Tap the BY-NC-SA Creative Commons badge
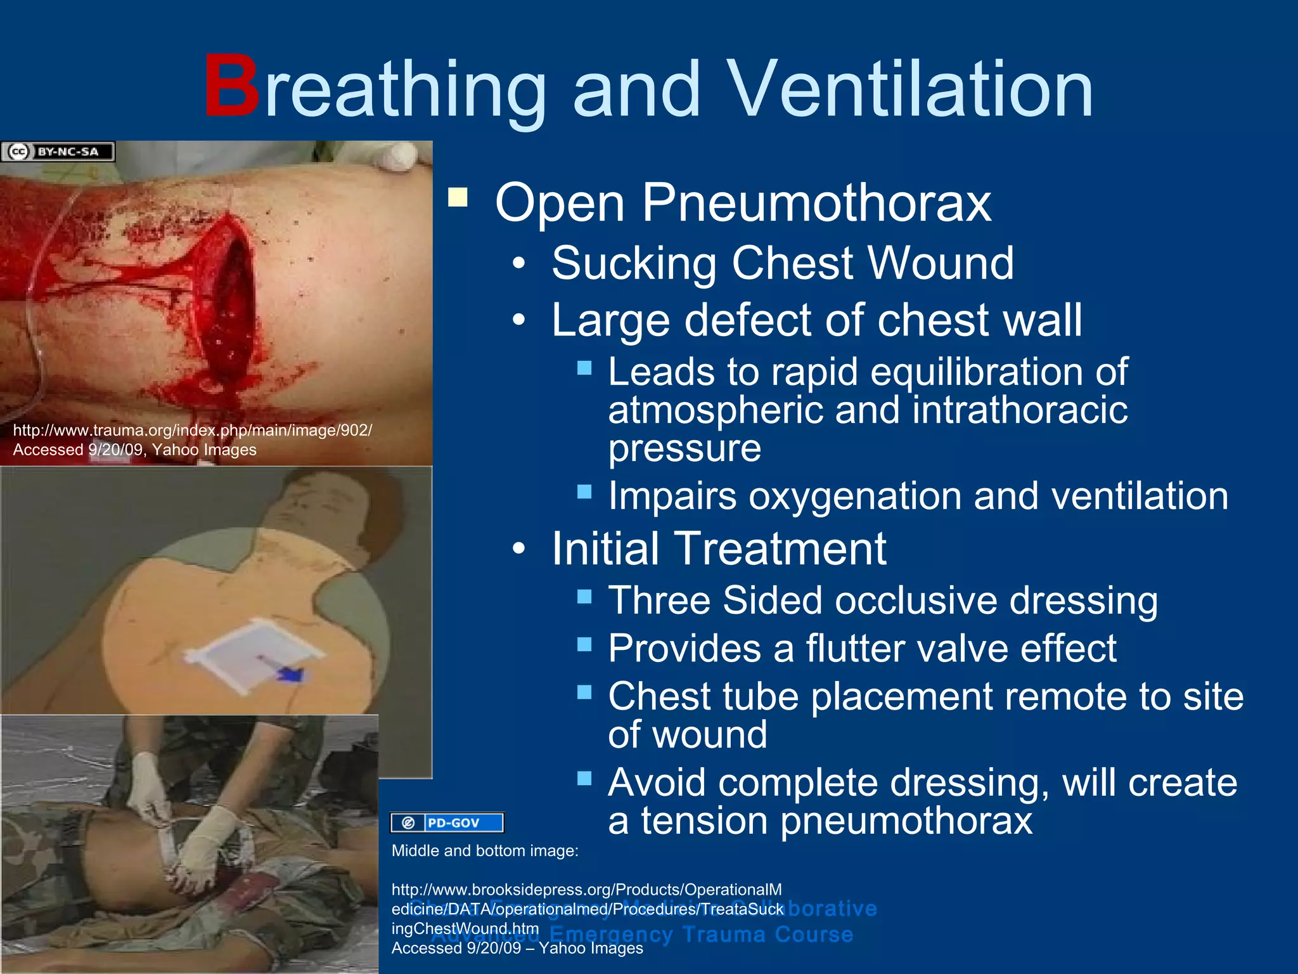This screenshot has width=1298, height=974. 58,152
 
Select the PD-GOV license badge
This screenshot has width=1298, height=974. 447,822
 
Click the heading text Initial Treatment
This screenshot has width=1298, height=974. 718,549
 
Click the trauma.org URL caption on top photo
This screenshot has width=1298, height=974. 193,431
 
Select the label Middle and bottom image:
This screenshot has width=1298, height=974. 485,851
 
